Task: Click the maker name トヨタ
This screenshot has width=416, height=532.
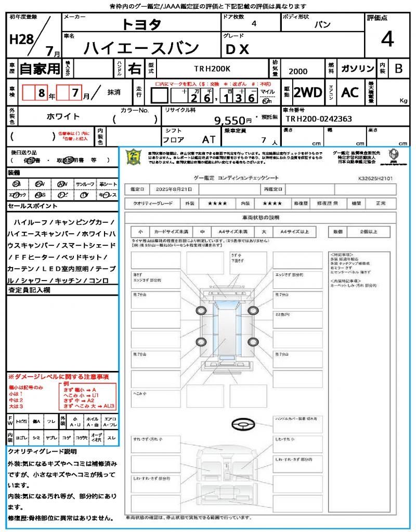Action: pyautogui.click(x=141, y=24)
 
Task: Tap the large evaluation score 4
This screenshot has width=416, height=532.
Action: pyautogui.click(x=387, y=39)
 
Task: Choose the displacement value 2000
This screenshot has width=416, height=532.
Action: pyautogui.click(x=298, y=72)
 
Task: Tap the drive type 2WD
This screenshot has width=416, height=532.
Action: pyautogui.click(x=308, y=92)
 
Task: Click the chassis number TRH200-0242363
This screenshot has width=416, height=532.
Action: pyautogui.click(x=319, y=119)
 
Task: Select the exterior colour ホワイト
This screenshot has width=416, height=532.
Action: pyautogui.click(x=63, y=116)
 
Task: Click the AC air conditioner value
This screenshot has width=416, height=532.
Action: pyautogui.click(x=350, y=92)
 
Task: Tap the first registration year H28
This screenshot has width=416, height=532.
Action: pyautogui.click(x=20, y=39)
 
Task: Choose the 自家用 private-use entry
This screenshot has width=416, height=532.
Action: pyautogui.click(x=40, y=69)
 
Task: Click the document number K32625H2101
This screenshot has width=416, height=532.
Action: pyautogui.click(x=375, y=178)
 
